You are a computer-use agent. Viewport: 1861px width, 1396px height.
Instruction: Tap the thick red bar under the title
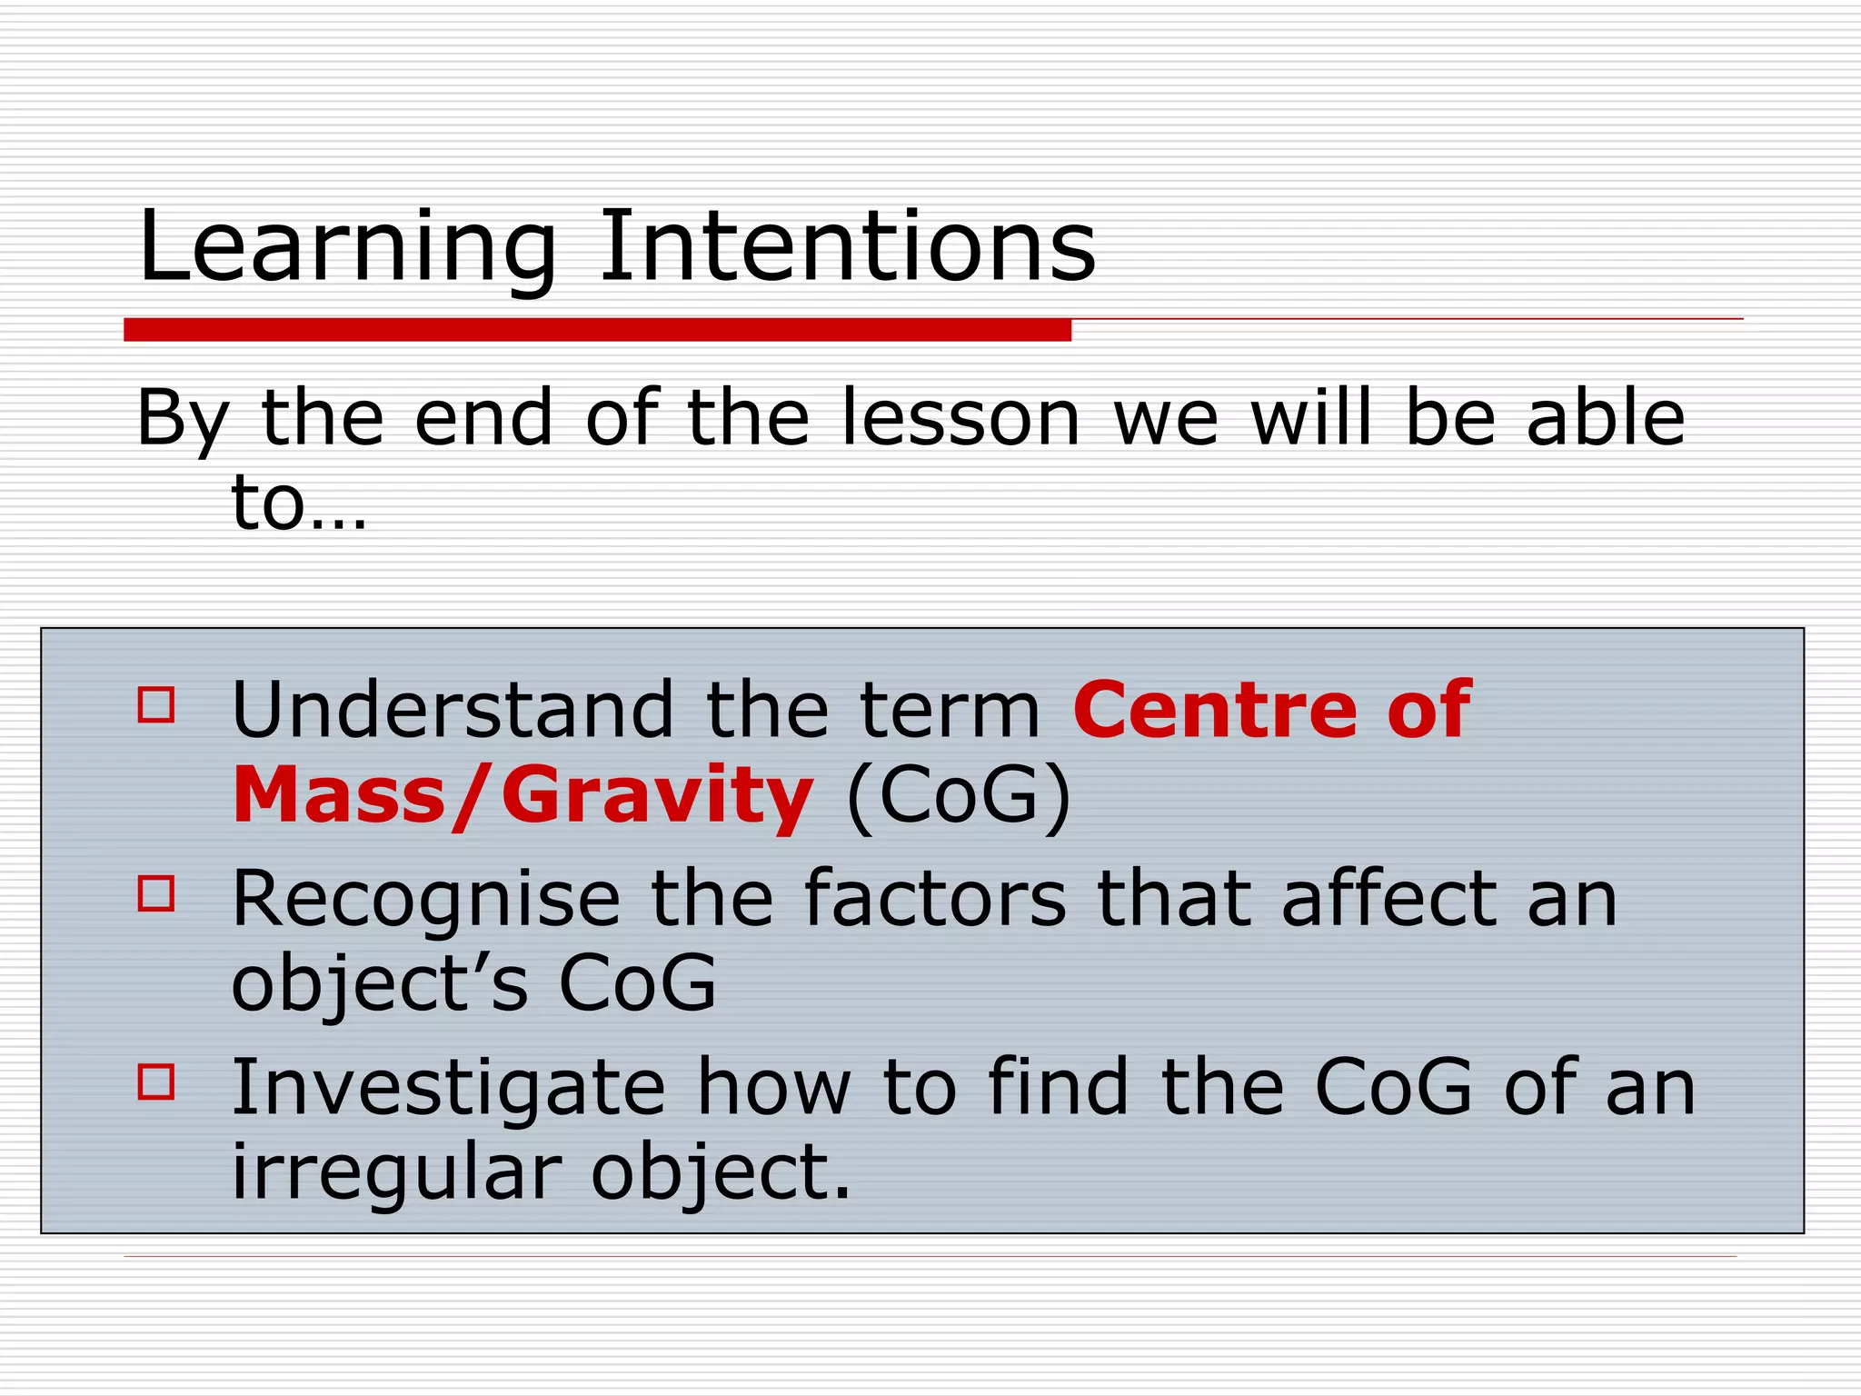pos(597,330)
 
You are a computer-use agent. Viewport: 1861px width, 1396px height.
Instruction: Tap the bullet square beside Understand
pos(156,704)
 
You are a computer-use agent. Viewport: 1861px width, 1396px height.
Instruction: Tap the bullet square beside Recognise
pos(156,893)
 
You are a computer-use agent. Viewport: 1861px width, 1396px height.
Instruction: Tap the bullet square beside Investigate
pos(156,1082)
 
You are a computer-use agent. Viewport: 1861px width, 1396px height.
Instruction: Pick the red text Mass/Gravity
pos(522,796)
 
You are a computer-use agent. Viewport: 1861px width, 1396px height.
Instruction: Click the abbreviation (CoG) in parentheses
pos(959,796)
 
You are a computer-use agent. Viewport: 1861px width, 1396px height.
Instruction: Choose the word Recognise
pos(426,900)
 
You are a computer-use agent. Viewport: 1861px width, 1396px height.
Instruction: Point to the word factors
pos(935,900)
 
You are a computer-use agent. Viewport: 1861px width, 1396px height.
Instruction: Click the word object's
pos(380,985)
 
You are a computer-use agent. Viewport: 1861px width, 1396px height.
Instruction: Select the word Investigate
pos(449,1087)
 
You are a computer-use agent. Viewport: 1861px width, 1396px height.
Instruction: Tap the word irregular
pos(395,1172)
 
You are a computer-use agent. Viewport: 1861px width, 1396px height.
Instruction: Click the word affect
pos(1388,900)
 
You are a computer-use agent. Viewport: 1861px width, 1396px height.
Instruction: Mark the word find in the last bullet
pos(1058,1087)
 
